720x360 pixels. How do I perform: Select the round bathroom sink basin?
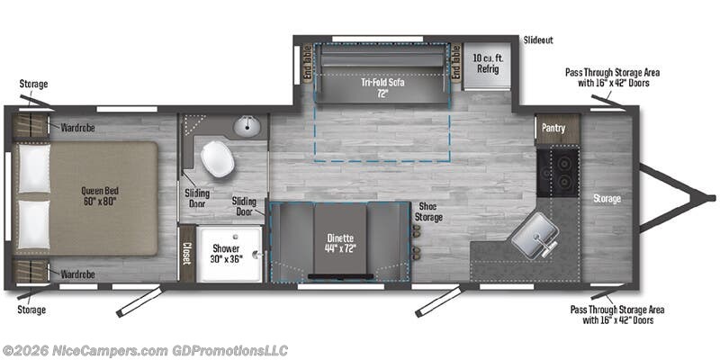pyautogui.click(x=247, y=127)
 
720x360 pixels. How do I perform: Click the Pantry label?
pyautogui.click(x=553, y=128)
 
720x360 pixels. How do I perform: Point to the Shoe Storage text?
pyautogui.click(x=428, y=211)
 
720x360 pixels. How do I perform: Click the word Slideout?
pyautogui.click(x=537, y=40)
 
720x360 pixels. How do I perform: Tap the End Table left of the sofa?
pyautogui.click(x=306, y=63)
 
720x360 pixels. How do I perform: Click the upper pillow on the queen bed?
pyautogui.click(x=34, y=168)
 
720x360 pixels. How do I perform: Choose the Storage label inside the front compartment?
pyautogui.click(x=607, y=198)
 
